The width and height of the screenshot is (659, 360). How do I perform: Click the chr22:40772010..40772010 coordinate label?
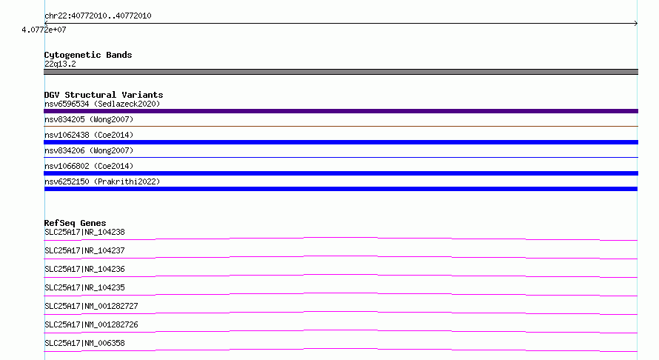[x=98, y=16]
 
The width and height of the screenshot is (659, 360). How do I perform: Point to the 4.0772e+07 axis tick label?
[x=44, y=30]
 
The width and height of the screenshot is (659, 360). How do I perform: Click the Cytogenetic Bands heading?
[x=88, y=55]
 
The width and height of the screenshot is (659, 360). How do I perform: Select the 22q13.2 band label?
[x=60, y=64]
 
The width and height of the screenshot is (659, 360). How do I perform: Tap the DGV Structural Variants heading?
[x=104, y=95]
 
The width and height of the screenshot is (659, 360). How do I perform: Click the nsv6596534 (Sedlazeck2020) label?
[x=102, y=104]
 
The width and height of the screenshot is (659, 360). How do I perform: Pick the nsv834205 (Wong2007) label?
[x=89, y=119]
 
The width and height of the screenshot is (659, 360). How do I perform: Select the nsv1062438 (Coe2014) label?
[x=89, y=135]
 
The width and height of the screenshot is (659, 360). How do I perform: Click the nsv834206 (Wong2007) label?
[x=89, y=150]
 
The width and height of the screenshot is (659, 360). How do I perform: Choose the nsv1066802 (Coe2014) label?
[x=89, y=166]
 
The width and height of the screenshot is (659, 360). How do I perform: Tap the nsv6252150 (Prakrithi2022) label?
[x=102, y=181]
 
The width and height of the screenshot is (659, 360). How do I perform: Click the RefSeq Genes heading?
[x=76, y=223]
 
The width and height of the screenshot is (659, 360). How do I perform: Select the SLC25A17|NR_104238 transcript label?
[x=84, y=232]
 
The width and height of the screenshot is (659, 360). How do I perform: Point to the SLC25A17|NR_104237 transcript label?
[x=84, y=250]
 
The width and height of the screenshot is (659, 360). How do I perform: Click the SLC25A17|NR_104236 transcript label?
[x=84, y=269]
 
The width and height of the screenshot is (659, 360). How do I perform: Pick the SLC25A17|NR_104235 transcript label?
[x=84, y=287]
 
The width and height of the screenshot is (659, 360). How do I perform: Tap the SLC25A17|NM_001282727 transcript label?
[x=91, y=306]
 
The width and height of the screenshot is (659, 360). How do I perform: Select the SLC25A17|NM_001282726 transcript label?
[x=91, y=324]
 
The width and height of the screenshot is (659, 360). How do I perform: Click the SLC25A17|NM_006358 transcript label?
[x=84, y=343]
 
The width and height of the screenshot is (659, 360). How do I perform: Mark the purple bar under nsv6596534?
[x=341, y=111]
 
